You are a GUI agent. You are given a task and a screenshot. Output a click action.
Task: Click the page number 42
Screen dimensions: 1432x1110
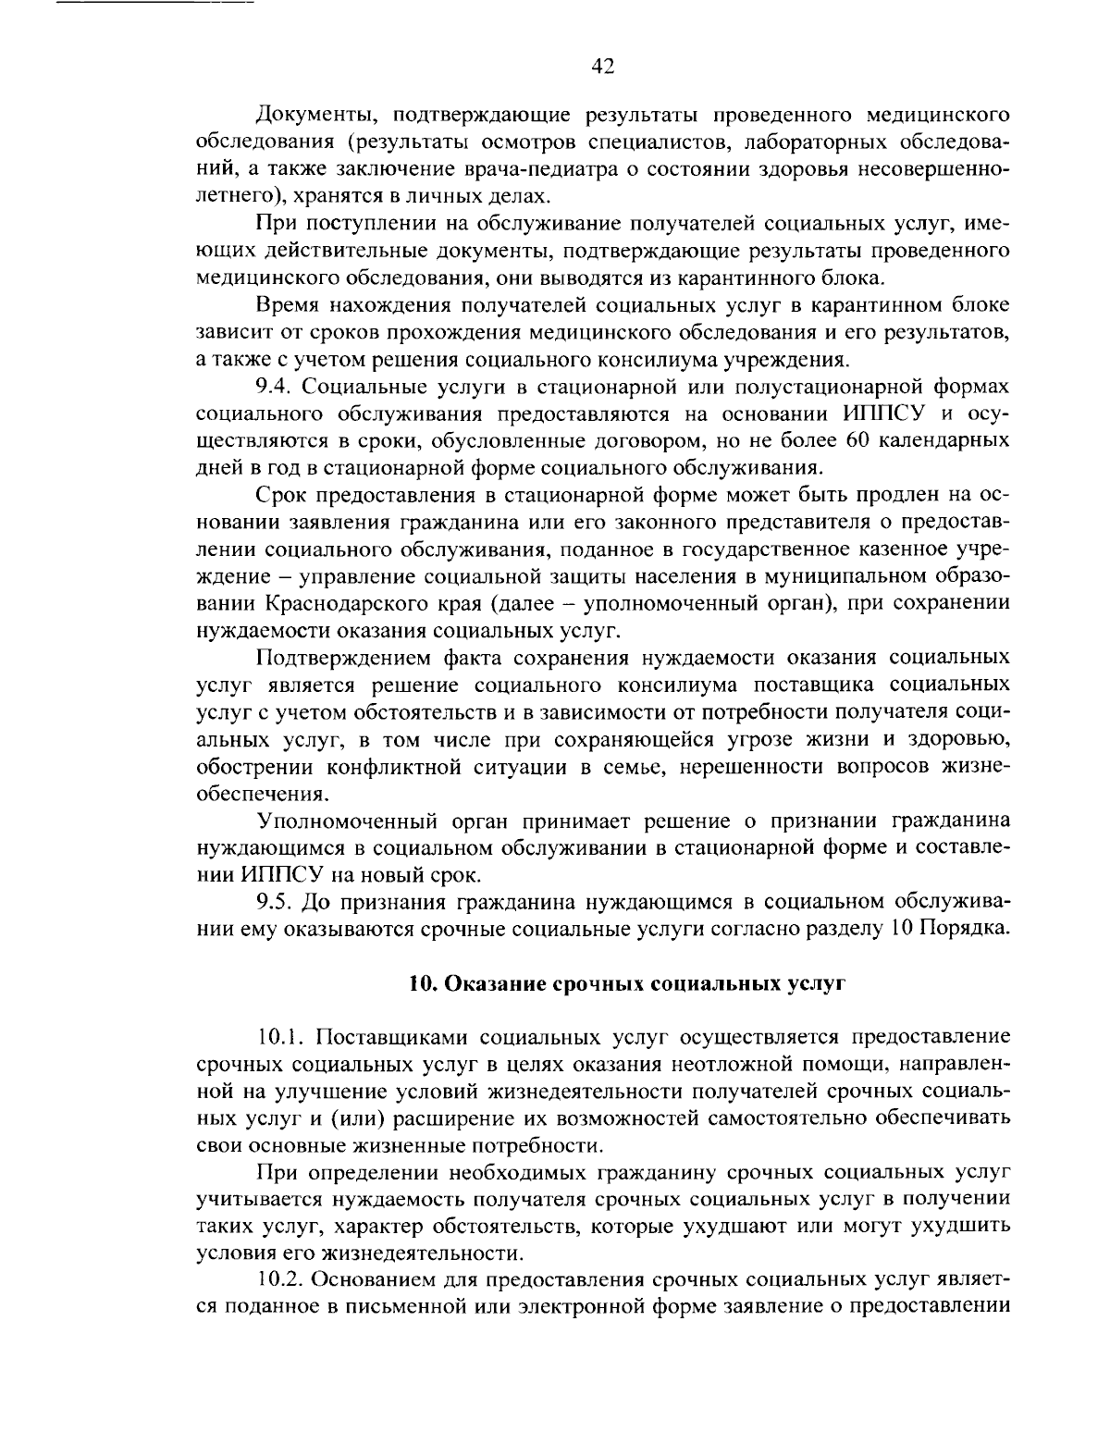click(x=602, y=66)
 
